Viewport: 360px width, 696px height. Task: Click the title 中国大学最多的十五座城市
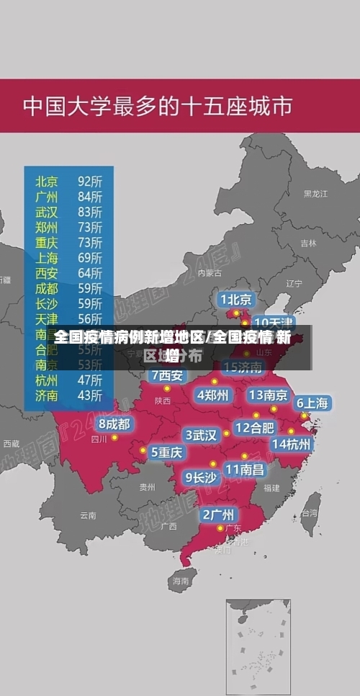(158, 107)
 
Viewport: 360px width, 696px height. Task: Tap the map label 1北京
(236, 299)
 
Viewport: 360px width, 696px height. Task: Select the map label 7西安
(168, 375)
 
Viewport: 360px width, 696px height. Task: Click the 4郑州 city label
(213, 395)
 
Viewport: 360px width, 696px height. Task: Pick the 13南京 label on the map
(269, 395)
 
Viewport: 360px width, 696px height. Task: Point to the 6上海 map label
(312, 403)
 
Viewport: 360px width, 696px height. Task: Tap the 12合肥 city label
(255, 427)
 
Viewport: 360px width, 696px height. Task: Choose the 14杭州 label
(292, 444)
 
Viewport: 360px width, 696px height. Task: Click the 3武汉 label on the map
(202, 435)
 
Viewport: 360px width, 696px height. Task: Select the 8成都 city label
(114, 424)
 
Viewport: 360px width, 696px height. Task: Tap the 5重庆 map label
(166, 452)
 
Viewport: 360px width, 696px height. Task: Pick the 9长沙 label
(201, 476)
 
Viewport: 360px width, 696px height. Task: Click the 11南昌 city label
(245, 469)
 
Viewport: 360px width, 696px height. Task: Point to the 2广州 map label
(217, 514)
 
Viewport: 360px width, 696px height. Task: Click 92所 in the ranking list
(90, 181)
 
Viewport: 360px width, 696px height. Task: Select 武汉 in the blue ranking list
(47, 212)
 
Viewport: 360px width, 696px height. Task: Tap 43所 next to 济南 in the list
(90, 396)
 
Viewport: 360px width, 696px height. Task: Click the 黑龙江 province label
(315, 194)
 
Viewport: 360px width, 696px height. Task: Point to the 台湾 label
(310, 513)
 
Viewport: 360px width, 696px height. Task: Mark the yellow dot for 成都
(114, 437)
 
